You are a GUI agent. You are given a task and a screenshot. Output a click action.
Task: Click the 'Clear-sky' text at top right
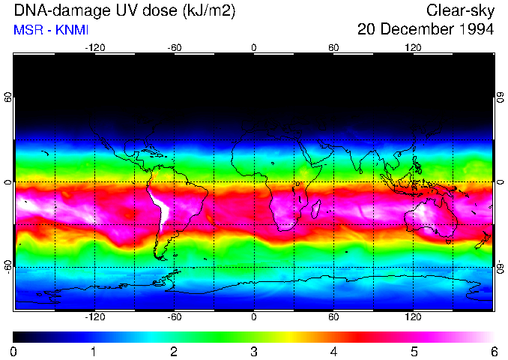point(460,11)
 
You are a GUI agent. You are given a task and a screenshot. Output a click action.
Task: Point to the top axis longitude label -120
point(94,47)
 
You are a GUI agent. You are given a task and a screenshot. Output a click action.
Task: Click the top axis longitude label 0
point(254,47)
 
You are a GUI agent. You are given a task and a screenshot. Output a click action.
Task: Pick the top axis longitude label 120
point(413,47)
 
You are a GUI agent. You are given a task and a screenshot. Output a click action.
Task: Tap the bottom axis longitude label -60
point(174,317)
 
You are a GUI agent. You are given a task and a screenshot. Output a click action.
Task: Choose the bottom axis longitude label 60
point(333,317)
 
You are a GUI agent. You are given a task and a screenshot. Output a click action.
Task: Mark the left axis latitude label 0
point(8,182)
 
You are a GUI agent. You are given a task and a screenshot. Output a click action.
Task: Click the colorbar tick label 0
point(14,351)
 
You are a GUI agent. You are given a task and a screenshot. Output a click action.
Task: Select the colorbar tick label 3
point(254,351)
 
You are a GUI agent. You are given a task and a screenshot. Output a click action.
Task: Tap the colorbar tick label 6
point(493,351)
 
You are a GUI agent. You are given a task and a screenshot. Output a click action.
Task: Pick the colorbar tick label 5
point(414,351)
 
